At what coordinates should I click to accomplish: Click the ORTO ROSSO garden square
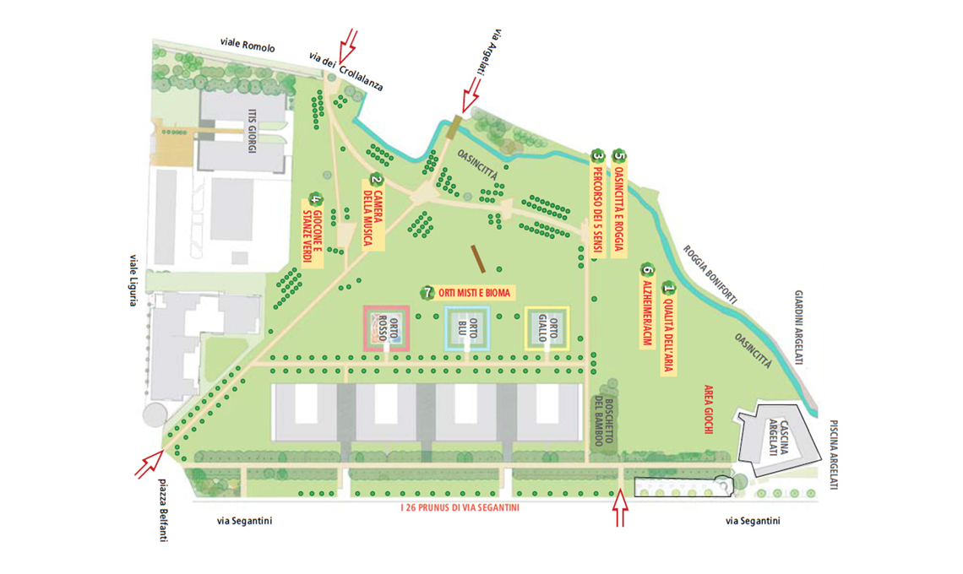tap(386, 329)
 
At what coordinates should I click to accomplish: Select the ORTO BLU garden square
tap(467, 328)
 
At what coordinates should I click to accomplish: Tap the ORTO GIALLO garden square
tap(547, 328)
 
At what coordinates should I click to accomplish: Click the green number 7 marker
tap(427, 293)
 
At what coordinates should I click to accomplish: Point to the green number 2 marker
tap(375, 181)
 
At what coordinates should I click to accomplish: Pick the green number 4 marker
tap(316, 199)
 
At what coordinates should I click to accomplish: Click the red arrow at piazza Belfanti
tap(149, 464)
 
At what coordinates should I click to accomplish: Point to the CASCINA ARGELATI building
tap(777, 438)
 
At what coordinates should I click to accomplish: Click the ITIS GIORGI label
tap(252, 131)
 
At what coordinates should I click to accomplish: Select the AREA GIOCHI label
tap(708, 409)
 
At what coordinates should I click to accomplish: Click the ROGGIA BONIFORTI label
tap(710, 274)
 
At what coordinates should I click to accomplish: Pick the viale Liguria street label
tap(133, 280)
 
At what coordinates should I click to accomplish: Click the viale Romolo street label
tap(248, 45)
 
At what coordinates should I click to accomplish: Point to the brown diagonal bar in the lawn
tap(478, 259)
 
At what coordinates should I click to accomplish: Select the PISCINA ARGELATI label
tap(834, 455)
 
